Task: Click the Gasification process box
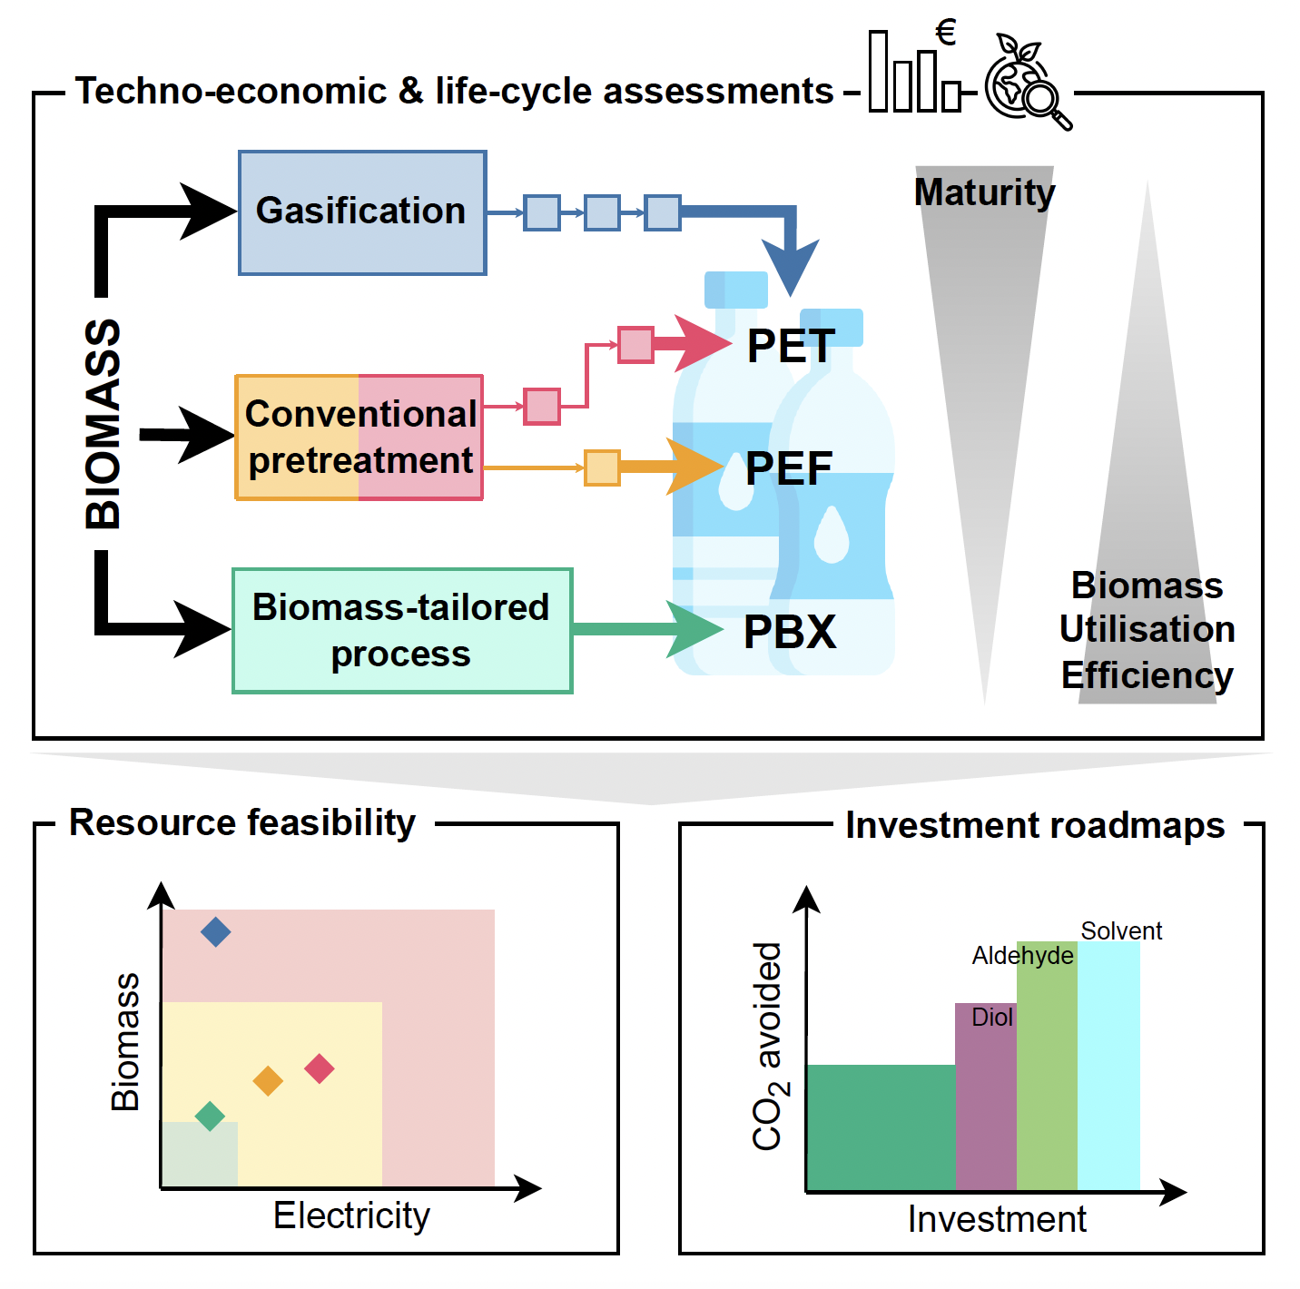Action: click(361, 212)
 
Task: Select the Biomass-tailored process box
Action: click(401, 631)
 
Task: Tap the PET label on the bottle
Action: click(791, 346)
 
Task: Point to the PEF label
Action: click(788, 468)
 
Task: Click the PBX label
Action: click(789, 632)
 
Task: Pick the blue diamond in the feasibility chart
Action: click(215, 931)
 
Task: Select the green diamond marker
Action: click(210, 1116)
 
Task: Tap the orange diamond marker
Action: click(268, 1081)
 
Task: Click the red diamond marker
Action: click(320, 1068)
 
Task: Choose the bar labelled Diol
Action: click(986, 1098)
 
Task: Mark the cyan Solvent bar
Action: click(1108, 1067)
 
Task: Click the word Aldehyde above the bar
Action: click(1022, 955)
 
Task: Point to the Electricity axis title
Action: click(351, 1215)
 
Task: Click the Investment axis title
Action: click(997, 1219)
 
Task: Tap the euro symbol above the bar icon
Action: click(946, 34)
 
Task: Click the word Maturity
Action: click(984, 192)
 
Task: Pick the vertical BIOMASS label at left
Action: click(103, 424)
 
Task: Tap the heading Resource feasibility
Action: click(242, 822)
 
